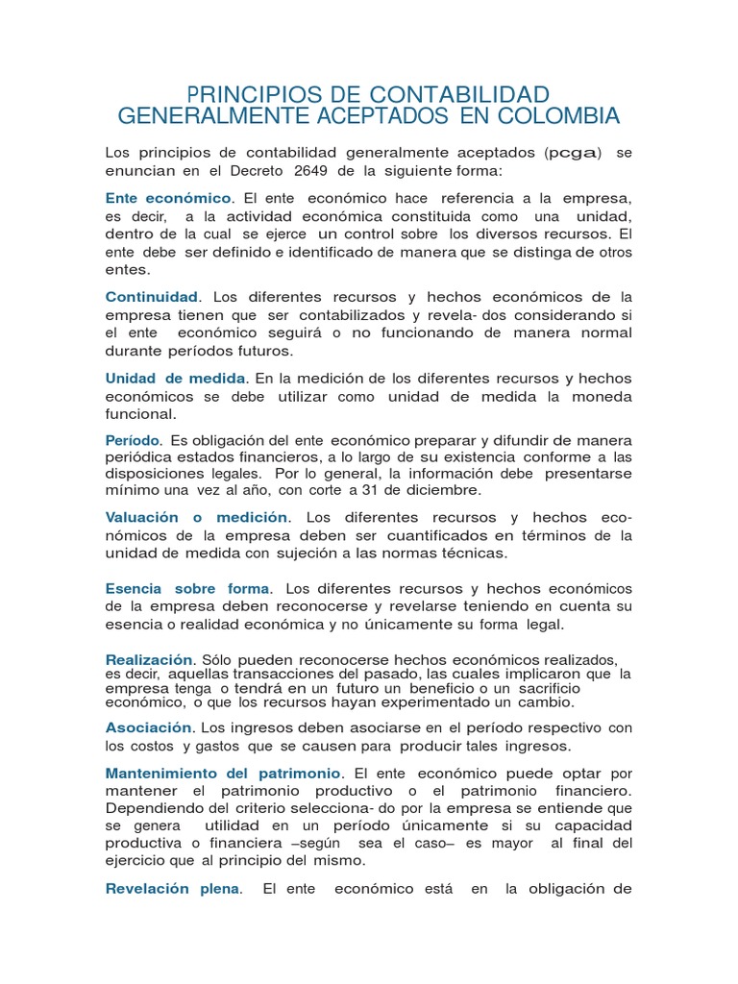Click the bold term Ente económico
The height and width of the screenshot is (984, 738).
coord(168,198)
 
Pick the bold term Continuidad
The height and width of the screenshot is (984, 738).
coord(151,296)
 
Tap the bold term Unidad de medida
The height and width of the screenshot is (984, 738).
coord(175,379)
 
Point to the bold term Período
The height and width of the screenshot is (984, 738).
coord(132,439)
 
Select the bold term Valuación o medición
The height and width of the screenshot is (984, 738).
coord(196,517)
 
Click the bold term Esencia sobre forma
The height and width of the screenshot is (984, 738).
coord(187,588)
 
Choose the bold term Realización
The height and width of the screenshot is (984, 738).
coord(149,659)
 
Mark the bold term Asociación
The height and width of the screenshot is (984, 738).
coord(149,727)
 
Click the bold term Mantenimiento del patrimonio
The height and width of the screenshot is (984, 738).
coord(223,773)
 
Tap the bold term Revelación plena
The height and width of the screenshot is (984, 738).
coord(172,889)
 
